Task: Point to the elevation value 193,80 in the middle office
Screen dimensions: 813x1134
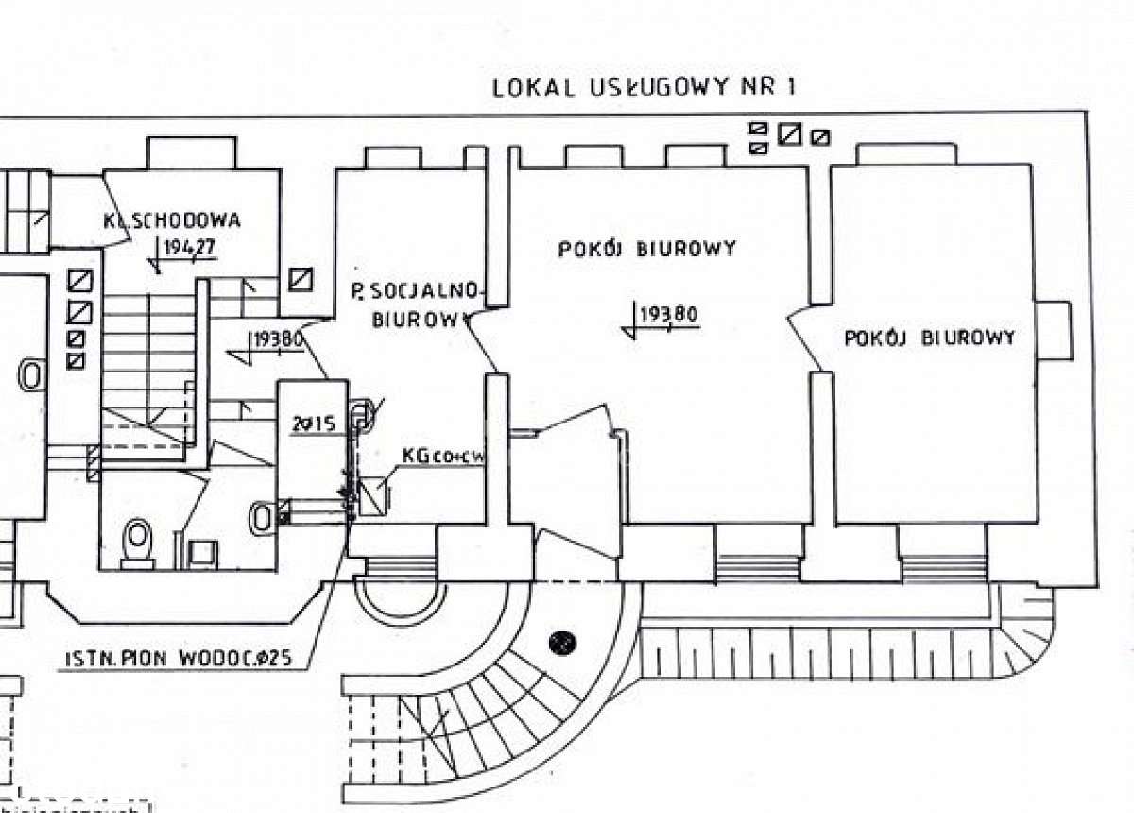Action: click(668, 315)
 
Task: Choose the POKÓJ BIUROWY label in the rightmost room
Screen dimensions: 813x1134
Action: click(929, 337)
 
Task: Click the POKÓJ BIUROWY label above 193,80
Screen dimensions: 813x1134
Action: click(646, 249)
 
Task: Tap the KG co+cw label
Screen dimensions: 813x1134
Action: click(442, 457)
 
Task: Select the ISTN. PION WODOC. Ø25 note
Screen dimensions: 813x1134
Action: click(180, 659)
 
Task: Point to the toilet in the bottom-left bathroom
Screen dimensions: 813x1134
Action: click(139, 543)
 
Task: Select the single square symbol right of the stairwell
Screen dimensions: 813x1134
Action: click(302, 281)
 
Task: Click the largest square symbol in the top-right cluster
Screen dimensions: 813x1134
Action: click(788, 135)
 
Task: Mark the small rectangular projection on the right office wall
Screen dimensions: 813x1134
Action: click(1053, 331)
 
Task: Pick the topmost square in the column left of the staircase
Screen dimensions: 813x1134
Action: click(80, 282)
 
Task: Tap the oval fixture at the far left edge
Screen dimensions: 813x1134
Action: click(31, 374)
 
